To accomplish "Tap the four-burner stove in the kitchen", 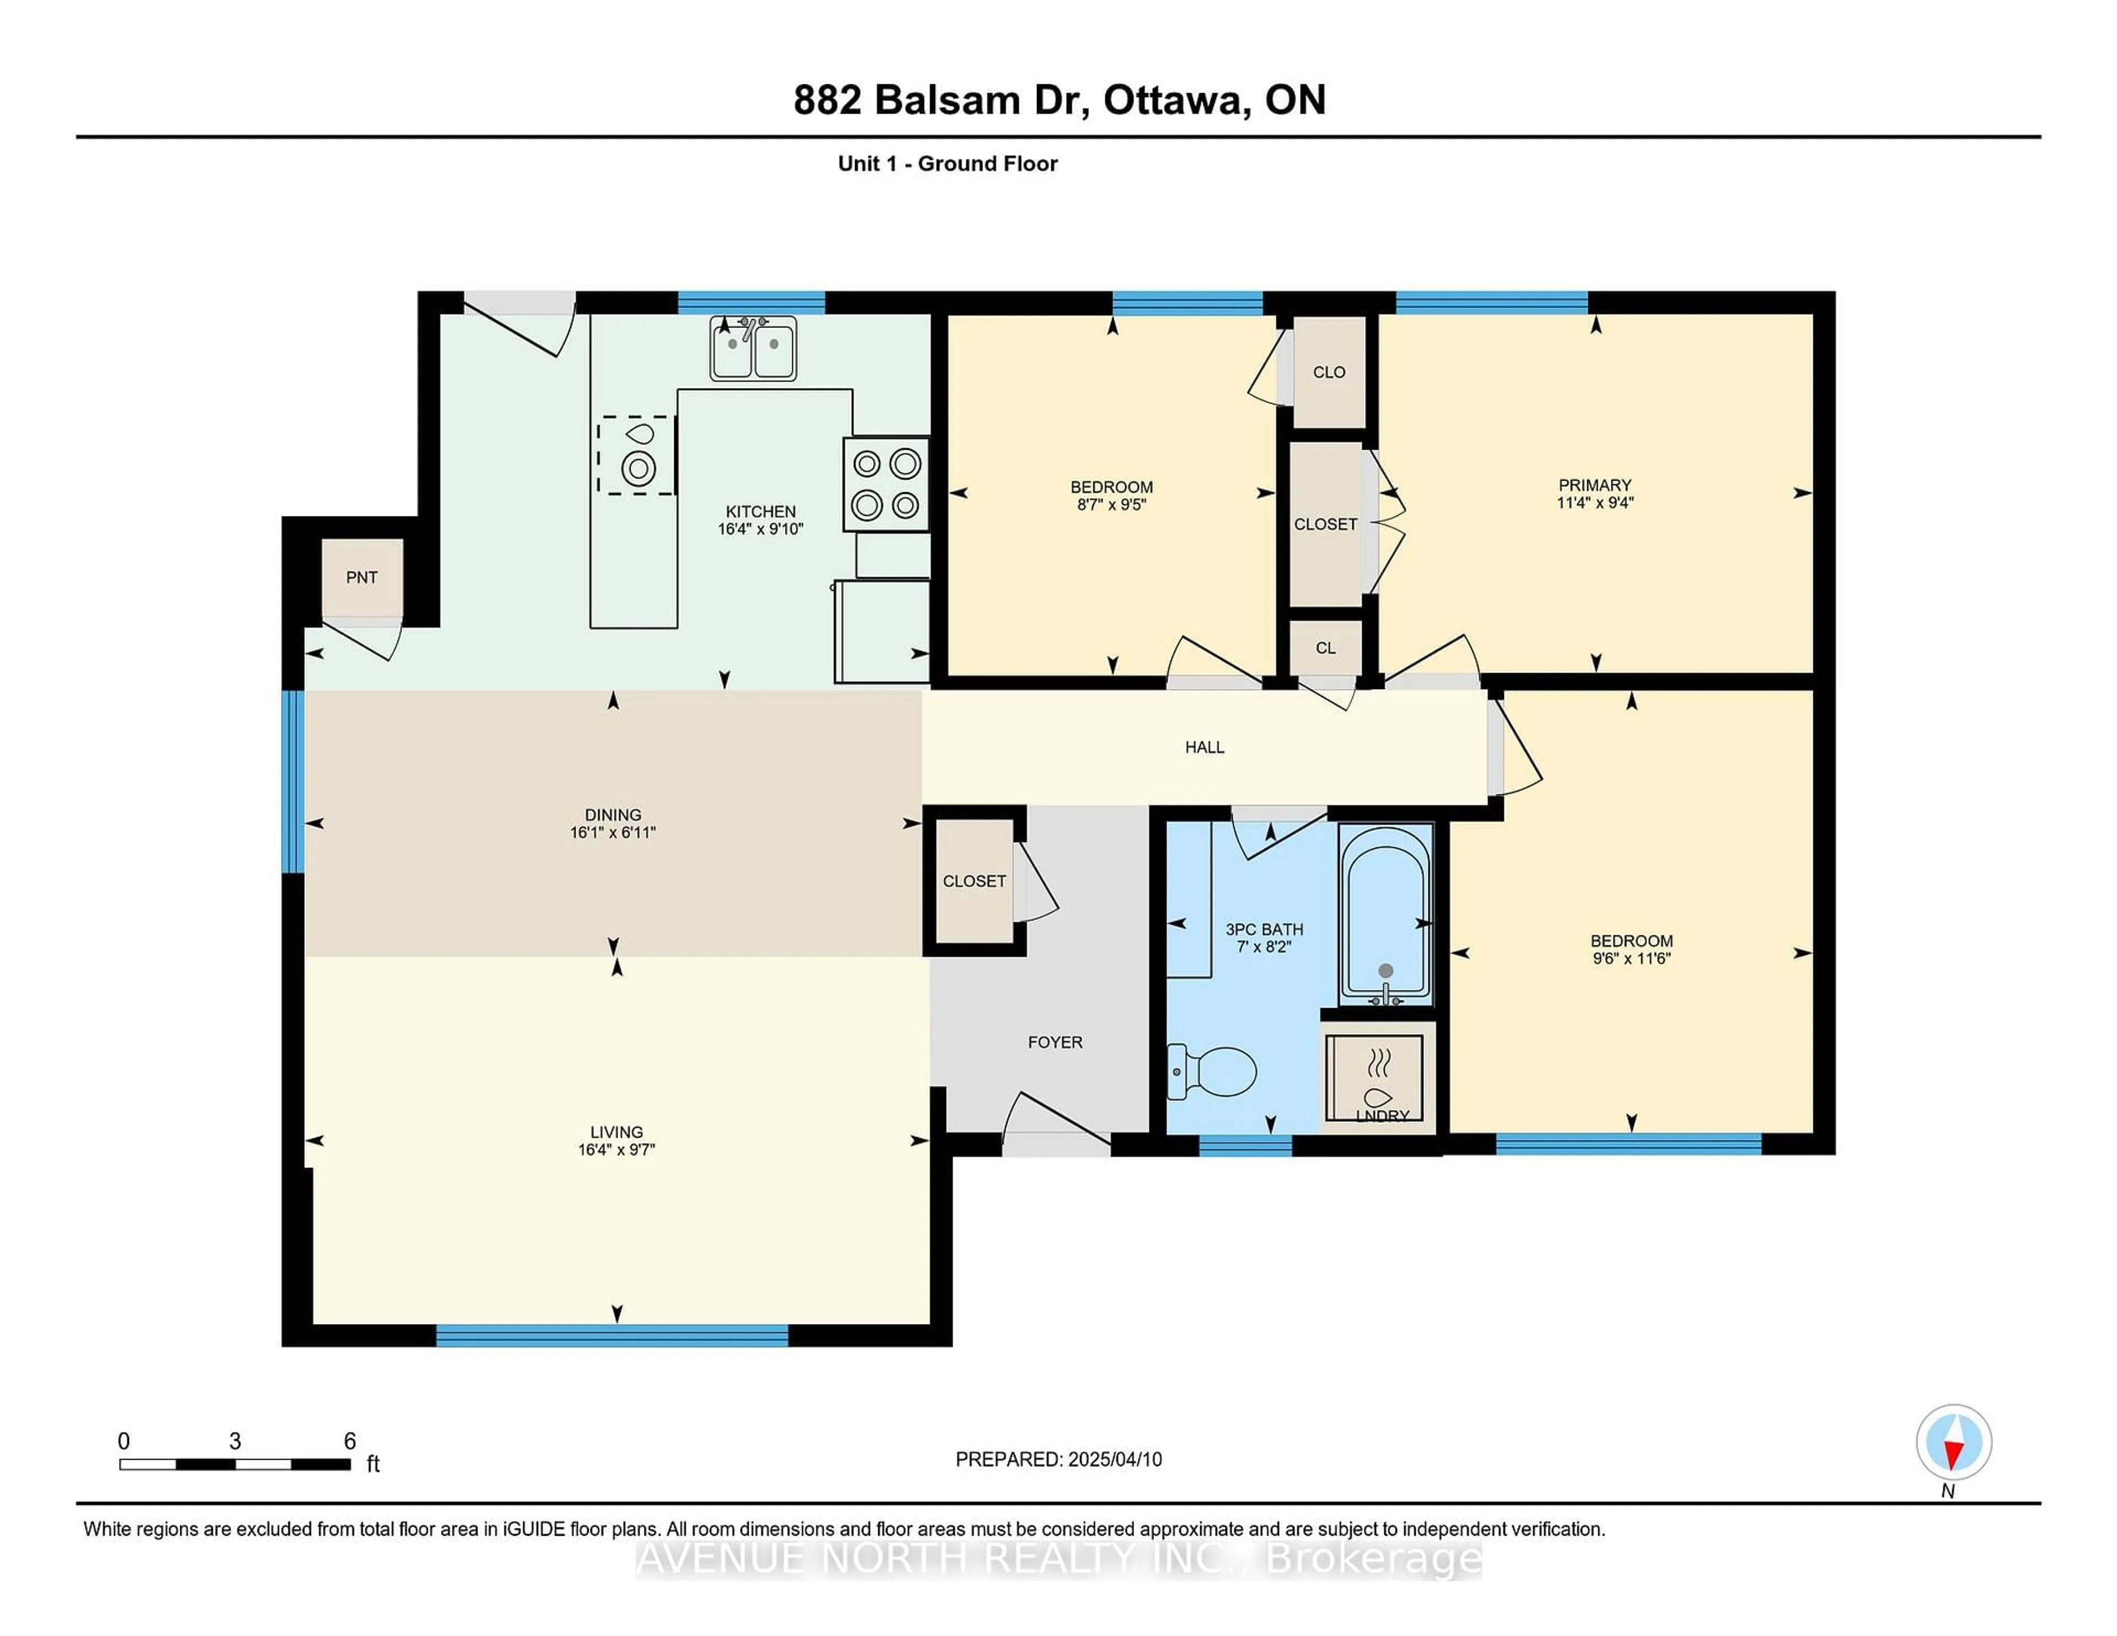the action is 886,483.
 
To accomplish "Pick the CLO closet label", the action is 1329,372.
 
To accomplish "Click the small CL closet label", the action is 1325,648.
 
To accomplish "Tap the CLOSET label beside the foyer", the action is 974,881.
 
